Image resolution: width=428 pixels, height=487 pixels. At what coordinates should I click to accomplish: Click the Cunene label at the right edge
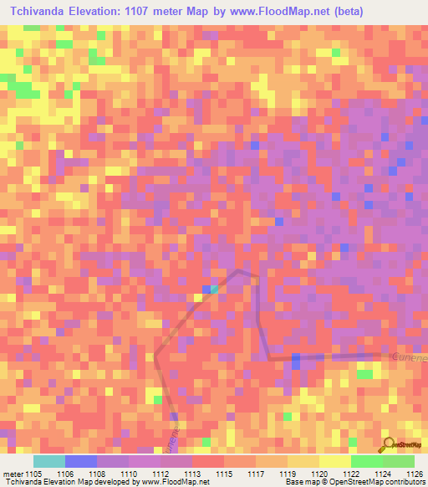(x=409, y=357)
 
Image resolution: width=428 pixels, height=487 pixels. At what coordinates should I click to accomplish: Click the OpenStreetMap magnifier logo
(x=387, y=443)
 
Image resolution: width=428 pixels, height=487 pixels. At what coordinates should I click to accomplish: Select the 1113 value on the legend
(x=193, y=473)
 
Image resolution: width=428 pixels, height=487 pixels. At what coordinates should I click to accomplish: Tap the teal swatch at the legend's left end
(x=48, y=461)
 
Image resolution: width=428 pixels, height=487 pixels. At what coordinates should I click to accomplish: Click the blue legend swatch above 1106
(x=80, y=461)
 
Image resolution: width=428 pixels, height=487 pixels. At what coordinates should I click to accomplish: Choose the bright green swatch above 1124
(x=366, y=461)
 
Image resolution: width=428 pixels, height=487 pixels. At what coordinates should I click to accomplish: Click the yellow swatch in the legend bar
(x=334, y=461)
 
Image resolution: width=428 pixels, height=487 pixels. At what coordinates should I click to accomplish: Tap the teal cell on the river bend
(x=214, y=290)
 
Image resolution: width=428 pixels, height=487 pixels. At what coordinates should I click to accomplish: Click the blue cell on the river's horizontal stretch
(x=295, y=360)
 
